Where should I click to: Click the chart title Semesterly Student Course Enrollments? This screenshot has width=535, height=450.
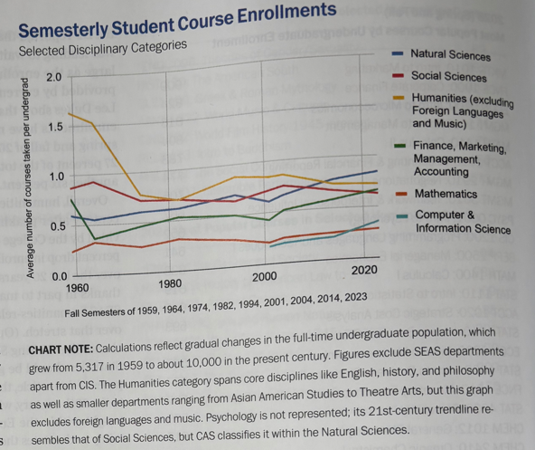(177, 20)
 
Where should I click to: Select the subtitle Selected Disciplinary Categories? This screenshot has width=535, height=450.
(103, 48)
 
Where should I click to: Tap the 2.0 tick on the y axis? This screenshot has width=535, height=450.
(54, 77)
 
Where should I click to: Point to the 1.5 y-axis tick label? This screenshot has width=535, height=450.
(54, 127)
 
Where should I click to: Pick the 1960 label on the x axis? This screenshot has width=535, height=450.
(77, 288)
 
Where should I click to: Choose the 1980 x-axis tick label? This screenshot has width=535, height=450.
(170, 283)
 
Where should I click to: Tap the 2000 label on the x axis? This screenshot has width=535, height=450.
(264, 277)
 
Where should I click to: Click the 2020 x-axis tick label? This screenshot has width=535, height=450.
(364, 270)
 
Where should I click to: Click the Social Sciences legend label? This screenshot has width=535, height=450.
(449, 77)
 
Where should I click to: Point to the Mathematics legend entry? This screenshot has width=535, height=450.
(446, 194)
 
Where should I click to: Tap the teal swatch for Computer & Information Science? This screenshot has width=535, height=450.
(403, 215)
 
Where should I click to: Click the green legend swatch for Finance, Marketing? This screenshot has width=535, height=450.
(399, 146)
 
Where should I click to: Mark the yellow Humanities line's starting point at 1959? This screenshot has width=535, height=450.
(69, 113)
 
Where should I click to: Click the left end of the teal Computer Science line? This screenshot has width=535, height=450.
(270, 246)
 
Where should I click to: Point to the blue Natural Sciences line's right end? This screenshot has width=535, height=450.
(377, 170)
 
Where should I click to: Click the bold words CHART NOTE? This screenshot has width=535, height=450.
(61, 349)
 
